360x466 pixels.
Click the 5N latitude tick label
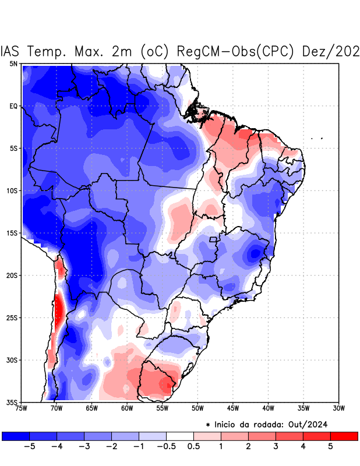[13, 63]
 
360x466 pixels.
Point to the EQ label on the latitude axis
[13, 106]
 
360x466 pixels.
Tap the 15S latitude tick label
[12, 233]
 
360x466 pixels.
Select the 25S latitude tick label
[12, 317]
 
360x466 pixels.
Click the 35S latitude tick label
[12, 402]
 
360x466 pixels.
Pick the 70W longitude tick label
[56, 408]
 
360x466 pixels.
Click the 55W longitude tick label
[162, 408]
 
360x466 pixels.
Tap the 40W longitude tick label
[268, 408]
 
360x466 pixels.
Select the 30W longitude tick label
[338, 408]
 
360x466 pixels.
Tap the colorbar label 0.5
[193, 446]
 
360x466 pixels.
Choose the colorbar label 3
[276, 446]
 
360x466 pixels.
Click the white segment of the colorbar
[180, 436]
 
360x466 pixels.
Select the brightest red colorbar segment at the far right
[344, 436]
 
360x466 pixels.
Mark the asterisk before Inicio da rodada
[209, 425]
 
